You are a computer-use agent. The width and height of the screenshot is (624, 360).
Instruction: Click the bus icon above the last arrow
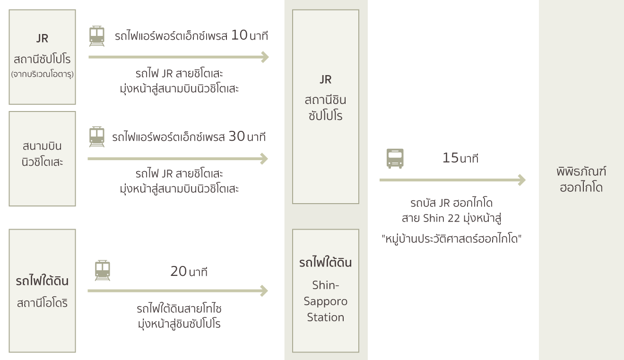click(395, 158)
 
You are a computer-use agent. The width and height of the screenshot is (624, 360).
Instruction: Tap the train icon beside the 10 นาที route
click(97, 36)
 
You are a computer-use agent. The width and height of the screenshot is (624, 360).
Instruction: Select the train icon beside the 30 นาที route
click(97, 137)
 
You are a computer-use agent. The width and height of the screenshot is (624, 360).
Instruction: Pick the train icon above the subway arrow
click(103, 271)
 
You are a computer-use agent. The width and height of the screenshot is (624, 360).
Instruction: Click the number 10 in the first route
click(239, 35)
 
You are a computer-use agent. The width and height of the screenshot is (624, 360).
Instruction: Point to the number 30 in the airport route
click(236, 137)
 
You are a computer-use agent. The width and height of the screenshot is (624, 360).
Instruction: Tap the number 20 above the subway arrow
click(178, 271)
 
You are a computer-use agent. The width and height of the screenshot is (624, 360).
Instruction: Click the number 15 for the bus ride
click(451, 158)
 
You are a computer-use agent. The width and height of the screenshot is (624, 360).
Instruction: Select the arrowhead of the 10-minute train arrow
click(265, 57)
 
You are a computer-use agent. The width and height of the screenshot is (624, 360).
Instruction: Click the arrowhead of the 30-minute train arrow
click(264, 159)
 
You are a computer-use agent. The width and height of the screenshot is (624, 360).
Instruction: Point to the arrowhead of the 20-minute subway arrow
click(264, 291)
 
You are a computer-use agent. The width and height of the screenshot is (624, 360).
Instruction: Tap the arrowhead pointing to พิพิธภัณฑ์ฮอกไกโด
click(522, 180)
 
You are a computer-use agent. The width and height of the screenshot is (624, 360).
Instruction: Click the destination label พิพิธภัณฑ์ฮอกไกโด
click(581, 179)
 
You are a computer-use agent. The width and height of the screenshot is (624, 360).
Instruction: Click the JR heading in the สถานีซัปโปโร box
click(42, 38)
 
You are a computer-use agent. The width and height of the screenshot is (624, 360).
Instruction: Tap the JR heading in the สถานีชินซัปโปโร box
click(325, 79)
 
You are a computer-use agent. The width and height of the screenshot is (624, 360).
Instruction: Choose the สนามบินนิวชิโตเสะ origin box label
click(42, 154)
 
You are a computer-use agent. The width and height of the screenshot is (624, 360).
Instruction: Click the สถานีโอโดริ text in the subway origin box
click(42, 303)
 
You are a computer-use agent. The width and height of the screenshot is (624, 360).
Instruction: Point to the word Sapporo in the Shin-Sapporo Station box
click(325, 301)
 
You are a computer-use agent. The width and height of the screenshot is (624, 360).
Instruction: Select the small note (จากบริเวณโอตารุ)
click(42, 74)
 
